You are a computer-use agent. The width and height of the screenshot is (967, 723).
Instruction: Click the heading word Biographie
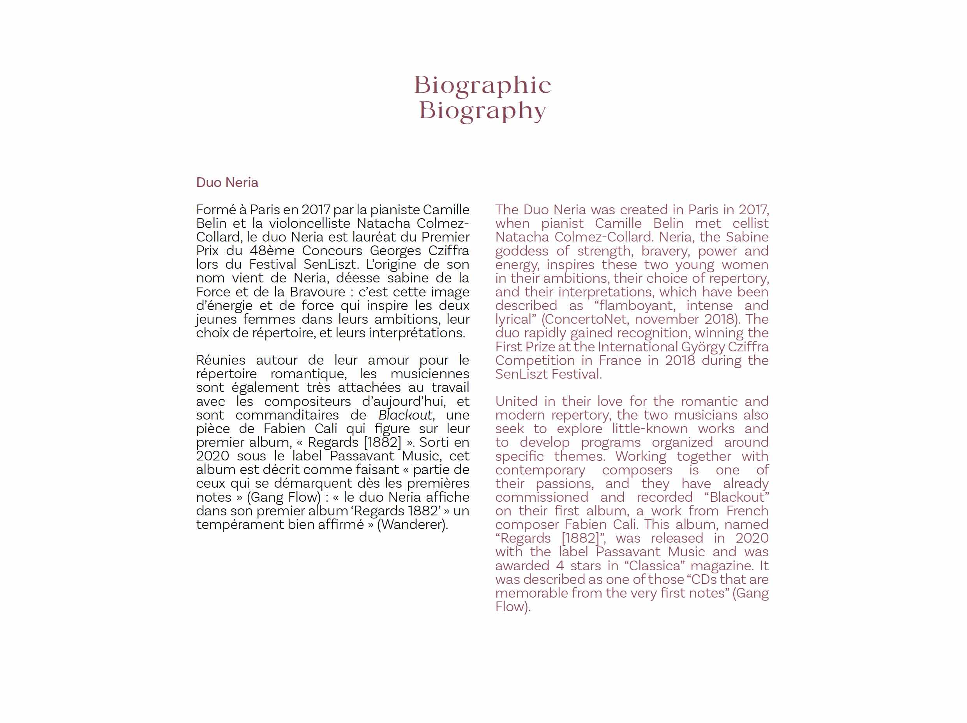tap(483, 85)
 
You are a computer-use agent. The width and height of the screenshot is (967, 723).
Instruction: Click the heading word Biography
tap(483, 111)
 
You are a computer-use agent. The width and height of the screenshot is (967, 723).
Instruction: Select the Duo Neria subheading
tap(227, 182)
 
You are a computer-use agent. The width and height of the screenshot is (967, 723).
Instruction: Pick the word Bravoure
tap(318, 292)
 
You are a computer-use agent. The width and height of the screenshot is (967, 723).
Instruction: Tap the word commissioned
tap(542, 497)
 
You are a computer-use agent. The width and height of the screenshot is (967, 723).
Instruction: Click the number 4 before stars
tap(559, 566)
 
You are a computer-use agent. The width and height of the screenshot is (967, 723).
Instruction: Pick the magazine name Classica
tap(655, 566)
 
